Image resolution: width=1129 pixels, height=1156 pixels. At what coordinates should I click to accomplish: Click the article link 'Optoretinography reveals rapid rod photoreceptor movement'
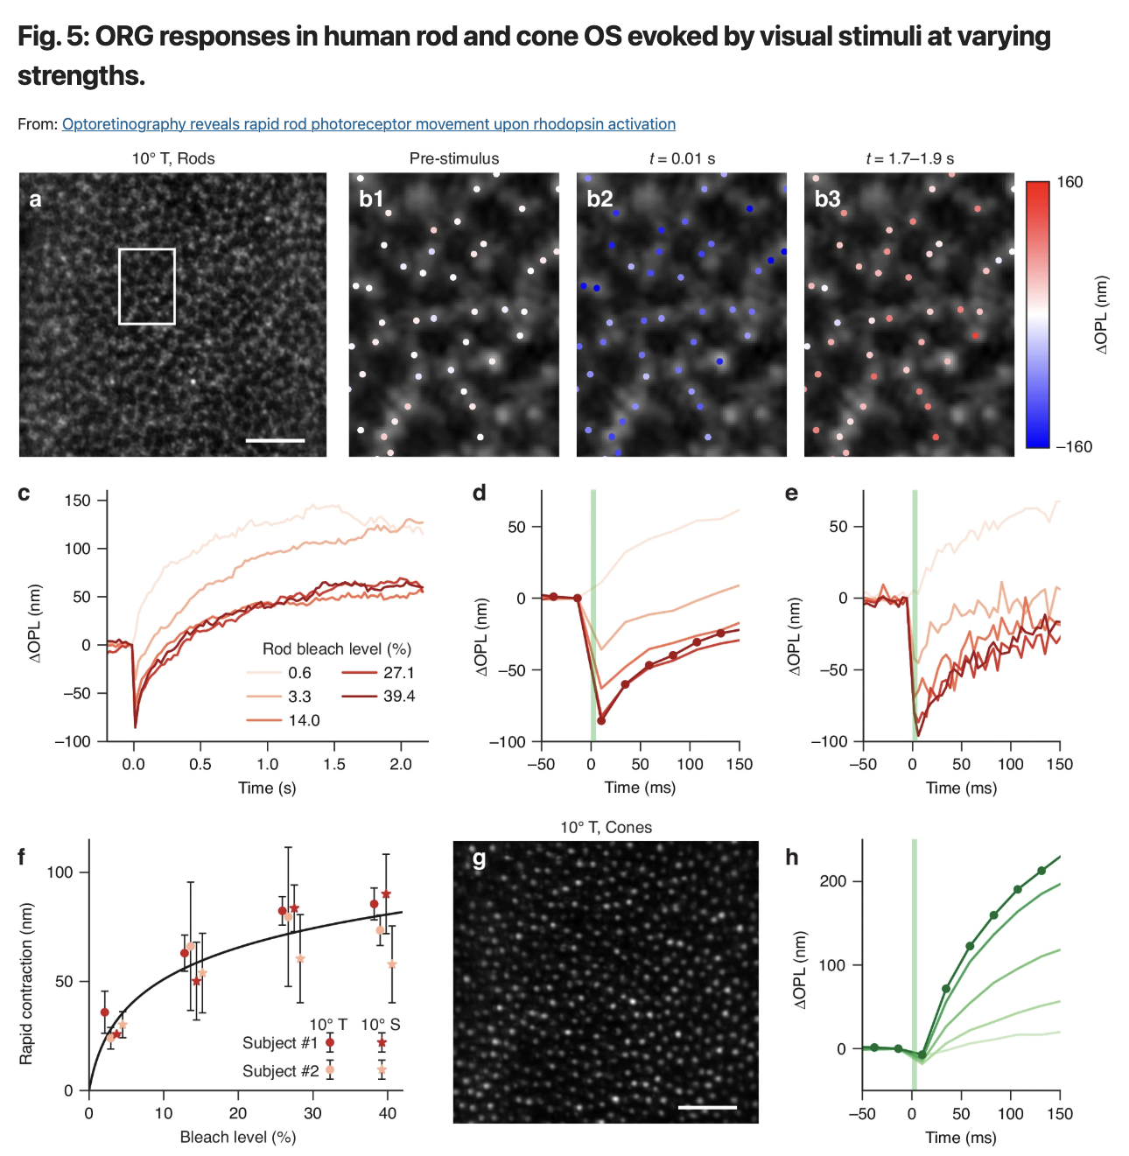(368, 124)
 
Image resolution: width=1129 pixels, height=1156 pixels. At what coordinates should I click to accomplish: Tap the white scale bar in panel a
(275, 440)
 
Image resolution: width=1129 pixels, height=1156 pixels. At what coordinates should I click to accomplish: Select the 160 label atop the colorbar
(1069, 182)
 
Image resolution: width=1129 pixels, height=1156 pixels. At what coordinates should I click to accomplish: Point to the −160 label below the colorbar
(1073, 446)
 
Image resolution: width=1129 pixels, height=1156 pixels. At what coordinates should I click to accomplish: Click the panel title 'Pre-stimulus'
(454, 158)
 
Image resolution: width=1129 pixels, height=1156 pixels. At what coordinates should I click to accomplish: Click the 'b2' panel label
(600, 199)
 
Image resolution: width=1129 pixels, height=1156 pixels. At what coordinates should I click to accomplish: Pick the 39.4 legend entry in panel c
(399, 697)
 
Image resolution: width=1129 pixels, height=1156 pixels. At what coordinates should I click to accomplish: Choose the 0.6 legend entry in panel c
(299, 673)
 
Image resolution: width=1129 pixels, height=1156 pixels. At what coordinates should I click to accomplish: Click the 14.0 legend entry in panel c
(304, 720)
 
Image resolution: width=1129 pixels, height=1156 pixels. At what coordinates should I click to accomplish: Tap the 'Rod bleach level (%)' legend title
(337, 648)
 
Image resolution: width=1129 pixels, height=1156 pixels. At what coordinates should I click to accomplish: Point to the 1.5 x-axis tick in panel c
(334, 764)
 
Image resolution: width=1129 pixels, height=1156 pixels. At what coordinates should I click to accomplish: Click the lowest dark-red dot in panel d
(601, 721)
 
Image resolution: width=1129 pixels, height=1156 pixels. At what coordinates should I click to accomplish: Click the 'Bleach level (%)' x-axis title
(238, 1137)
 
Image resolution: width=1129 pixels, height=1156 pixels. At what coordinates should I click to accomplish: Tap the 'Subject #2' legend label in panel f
(280, 1071)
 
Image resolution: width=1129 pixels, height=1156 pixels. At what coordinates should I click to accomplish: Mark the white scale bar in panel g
(707, 1107)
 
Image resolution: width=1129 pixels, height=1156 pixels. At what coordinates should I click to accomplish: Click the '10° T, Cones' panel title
(606, 827)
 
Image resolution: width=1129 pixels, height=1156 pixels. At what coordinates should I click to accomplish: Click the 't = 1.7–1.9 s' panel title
(909, 158)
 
